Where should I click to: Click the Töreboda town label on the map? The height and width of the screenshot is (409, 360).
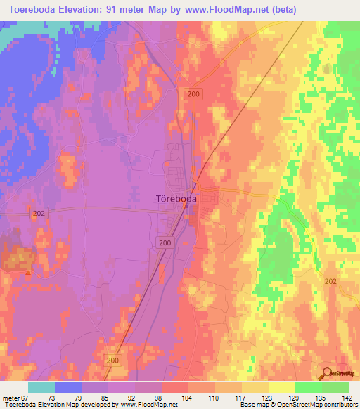pyautogui.click(x=176, y=199)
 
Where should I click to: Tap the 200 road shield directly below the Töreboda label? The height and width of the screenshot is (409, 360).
pyautogui.click(x=165, y=242)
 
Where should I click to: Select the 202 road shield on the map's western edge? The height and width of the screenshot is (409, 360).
pyautogui.click(x=39, y=212)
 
